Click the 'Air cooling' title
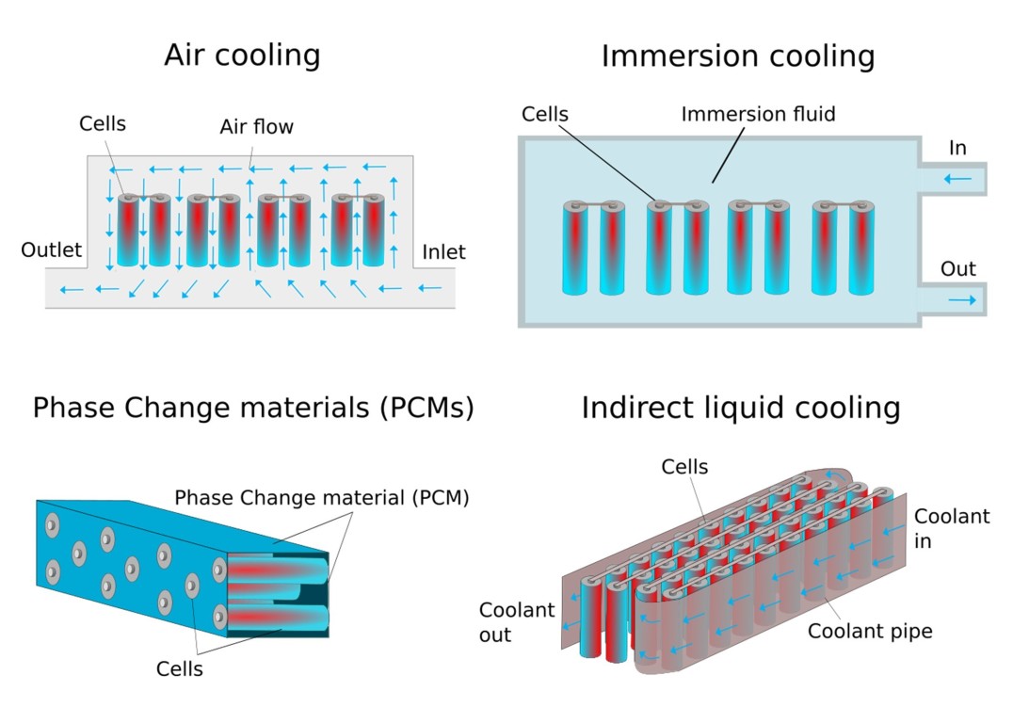242,55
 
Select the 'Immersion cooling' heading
737,56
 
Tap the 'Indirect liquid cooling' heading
740,409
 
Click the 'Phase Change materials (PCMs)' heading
253,409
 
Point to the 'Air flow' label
256,126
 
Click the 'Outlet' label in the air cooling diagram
52,250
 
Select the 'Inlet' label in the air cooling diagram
443,251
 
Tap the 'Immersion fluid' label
758,115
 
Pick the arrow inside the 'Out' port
962,299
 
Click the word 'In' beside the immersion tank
957,149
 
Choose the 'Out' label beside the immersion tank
958,269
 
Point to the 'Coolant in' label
952,528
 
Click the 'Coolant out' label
516,622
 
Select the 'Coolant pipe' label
870,631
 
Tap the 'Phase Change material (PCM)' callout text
322,497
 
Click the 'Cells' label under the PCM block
179,669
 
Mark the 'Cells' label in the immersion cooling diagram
545,115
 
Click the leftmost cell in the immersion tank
574,248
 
